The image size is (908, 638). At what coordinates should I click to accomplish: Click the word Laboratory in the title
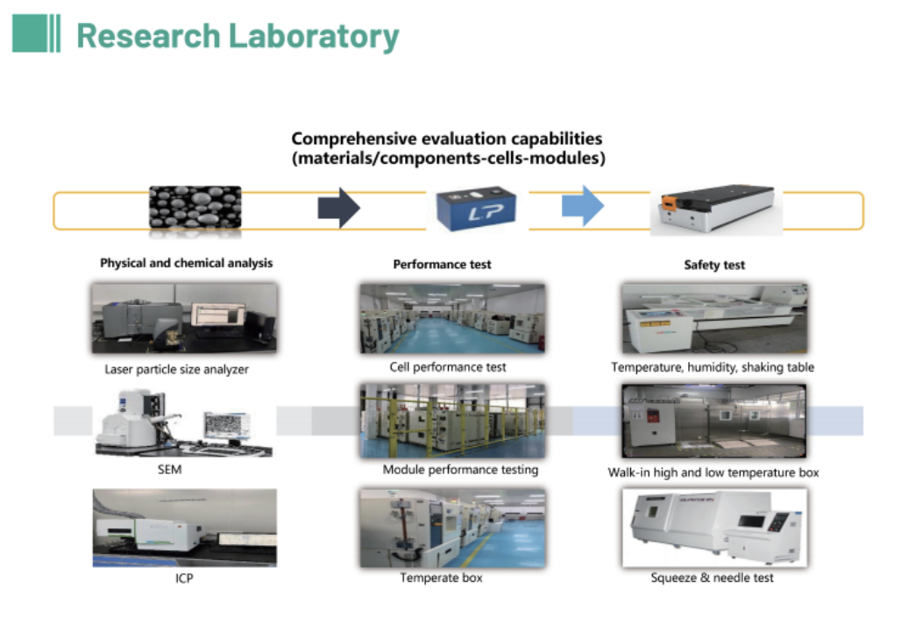314,36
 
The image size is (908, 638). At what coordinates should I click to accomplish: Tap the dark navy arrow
339,208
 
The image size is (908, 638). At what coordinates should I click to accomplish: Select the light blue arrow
583,206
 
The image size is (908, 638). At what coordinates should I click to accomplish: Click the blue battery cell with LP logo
476,209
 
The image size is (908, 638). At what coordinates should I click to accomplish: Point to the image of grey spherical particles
195,208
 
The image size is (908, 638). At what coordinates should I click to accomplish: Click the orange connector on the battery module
669,202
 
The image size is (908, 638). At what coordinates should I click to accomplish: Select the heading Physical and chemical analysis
186,263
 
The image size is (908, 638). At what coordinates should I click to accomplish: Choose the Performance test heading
442,265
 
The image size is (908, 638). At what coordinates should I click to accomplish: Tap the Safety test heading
714,266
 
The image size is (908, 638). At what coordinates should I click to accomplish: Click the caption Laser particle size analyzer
177,369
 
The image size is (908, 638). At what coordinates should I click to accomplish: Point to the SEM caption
170,470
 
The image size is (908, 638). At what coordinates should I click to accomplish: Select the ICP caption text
184,578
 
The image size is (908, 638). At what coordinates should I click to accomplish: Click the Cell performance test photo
452,318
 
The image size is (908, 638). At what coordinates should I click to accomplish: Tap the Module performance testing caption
460,470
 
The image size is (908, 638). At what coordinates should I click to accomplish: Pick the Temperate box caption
441,578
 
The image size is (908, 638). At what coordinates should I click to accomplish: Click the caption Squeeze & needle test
712,578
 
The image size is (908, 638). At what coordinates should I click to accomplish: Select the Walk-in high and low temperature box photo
713,421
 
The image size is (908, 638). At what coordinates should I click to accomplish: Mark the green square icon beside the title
29,33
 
